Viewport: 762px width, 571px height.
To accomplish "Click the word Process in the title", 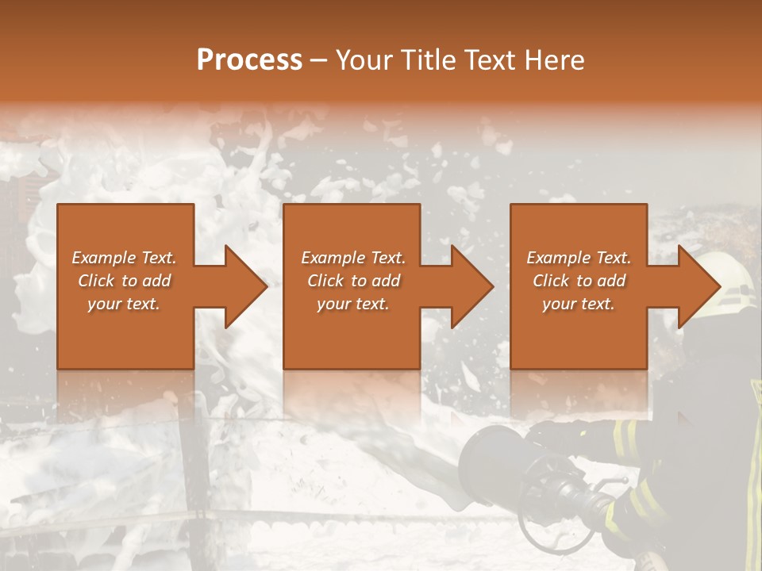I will (x=249, y=60).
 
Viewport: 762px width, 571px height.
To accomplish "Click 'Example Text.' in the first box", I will (x=124, y=258).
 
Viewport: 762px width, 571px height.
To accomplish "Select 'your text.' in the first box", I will (x=124, y=304).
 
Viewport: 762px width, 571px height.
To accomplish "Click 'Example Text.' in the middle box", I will (x=353, y=258).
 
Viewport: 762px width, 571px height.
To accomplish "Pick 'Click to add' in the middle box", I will (x=353, y=281).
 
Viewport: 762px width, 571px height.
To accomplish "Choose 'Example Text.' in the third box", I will (x=579, y=258).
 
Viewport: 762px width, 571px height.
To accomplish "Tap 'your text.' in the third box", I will (x=579, y=304).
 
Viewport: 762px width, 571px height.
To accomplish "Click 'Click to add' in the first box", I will (x=124, y=281).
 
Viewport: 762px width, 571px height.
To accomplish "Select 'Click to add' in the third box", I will (x=579, y=281).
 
